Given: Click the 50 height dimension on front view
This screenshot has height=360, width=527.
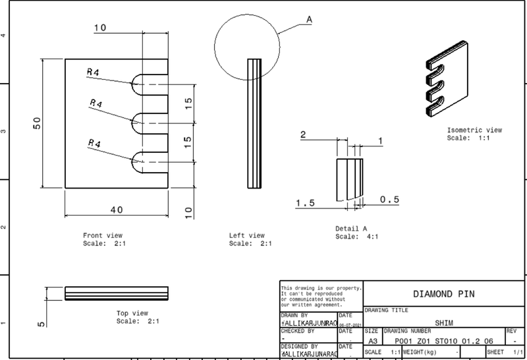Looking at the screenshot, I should [x=38, y=123].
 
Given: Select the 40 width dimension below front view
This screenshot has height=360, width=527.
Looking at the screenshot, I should [x=116, y=210].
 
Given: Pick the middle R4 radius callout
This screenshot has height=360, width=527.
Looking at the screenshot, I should [x=96, y=104].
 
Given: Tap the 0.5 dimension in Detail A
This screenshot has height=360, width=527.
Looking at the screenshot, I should [x=389, y=199].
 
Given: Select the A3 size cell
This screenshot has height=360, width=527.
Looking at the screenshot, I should [x=372, y=341].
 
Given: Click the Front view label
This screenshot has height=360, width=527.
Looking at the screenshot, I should [x=103, y=235].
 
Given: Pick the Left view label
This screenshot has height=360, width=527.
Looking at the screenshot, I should [x=246, y=235].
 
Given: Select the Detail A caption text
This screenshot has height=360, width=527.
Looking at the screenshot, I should [x=351, y=229].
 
